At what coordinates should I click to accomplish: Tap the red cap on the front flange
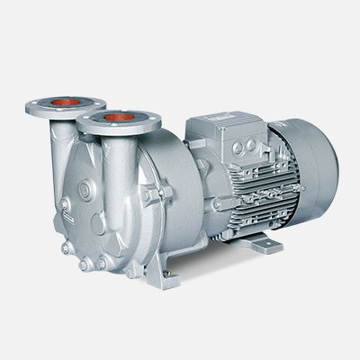[x=113, y=117]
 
